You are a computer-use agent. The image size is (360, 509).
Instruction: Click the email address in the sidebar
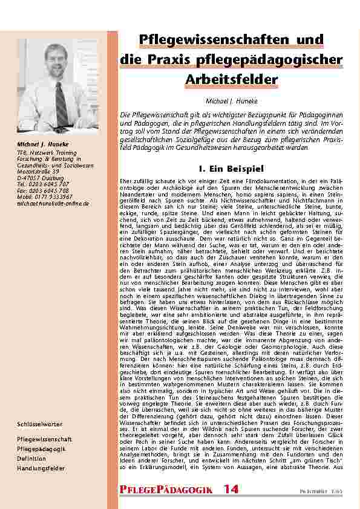[x=53, y=204]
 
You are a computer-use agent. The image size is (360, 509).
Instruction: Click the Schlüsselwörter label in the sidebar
[x=41, y=425]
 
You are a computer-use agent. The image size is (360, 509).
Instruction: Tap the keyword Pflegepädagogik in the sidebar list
[x=41, y=449]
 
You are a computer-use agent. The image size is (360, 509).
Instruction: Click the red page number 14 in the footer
[x=231, y=488]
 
